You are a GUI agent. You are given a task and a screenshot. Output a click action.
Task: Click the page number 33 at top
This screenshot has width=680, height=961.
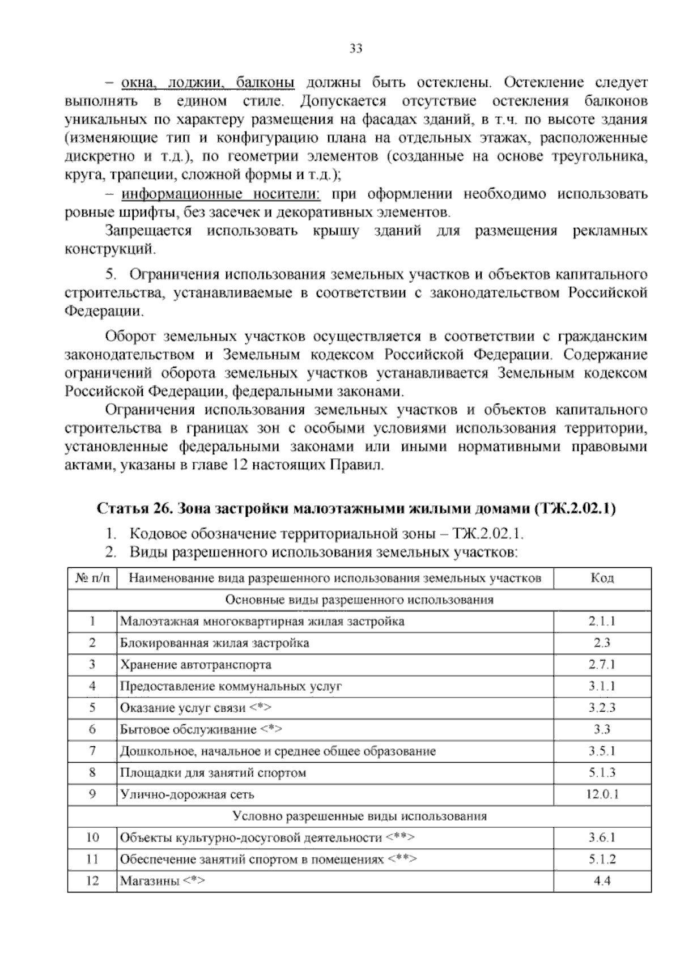click(x=355, y=48)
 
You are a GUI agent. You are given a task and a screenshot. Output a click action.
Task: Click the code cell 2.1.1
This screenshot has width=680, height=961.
click(x=601, y=621)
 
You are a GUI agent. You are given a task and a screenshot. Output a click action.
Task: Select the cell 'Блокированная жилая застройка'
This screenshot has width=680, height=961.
click(x=215, y=643)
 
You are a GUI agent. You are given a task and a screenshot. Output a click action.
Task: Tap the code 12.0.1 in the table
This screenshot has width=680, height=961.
click(x=601, y=794)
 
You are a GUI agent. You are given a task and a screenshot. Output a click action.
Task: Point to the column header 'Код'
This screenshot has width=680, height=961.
click(x=601, y=578)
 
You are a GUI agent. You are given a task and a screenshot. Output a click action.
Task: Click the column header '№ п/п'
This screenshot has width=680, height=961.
click(x=92, y=578)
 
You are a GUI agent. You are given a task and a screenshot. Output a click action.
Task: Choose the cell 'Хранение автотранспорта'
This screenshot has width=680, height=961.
click(x=195, y=664)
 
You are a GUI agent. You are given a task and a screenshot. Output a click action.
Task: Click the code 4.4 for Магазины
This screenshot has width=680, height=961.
click(x=601, y=881)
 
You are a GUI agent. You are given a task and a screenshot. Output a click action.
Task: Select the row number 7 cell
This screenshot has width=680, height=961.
click(x=92, y=751)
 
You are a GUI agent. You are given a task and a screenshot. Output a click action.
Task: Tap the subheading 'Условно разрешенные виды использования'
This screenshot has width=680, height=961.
click(x=359, y=816)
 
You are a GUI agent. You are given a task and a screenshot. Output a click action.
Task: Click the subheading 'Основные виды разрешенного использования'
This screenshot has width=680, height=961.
click(x=359, y=599)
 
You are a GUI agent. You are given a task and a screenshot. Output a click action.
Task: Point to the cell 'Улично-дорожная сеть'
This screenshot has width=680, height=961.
click(x=187, y=794)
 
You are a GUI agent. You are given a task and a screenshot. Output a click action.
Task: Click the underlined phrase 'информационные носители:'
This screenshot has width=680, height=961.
click(x=221, y=194)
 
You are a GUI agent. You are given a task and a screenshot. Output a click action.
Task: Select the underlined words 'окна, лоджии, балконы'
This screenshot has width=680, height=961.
click(x=208, y=83)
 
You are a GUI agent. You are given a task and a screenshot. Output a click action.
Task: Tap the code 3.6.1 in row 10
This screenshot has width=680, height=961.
click(x=601, y=837)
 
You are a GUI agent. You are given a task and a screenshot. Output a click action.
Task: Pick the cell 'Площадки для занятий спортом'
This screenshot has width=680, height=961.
click(x=213, y=773)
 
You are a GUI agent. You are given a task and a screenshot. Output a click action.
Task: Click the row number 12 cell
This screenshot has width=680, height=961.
click(x=92, y=881)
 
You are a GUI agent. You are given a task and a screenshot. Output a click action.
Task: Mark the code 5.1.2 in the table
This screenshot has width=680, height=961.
click(x=601, y=860)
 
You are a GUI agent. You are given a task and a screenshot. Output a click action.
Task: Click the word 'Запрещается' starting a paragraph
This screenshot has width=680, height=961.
click(x=148, y=231)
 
